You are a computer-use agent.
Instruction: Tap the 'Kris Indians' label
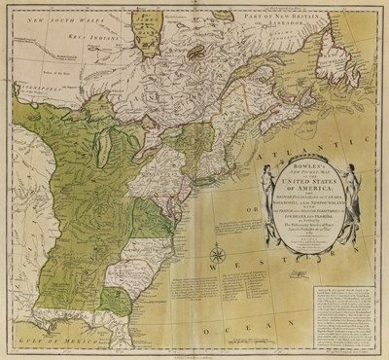coord(66,42)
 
